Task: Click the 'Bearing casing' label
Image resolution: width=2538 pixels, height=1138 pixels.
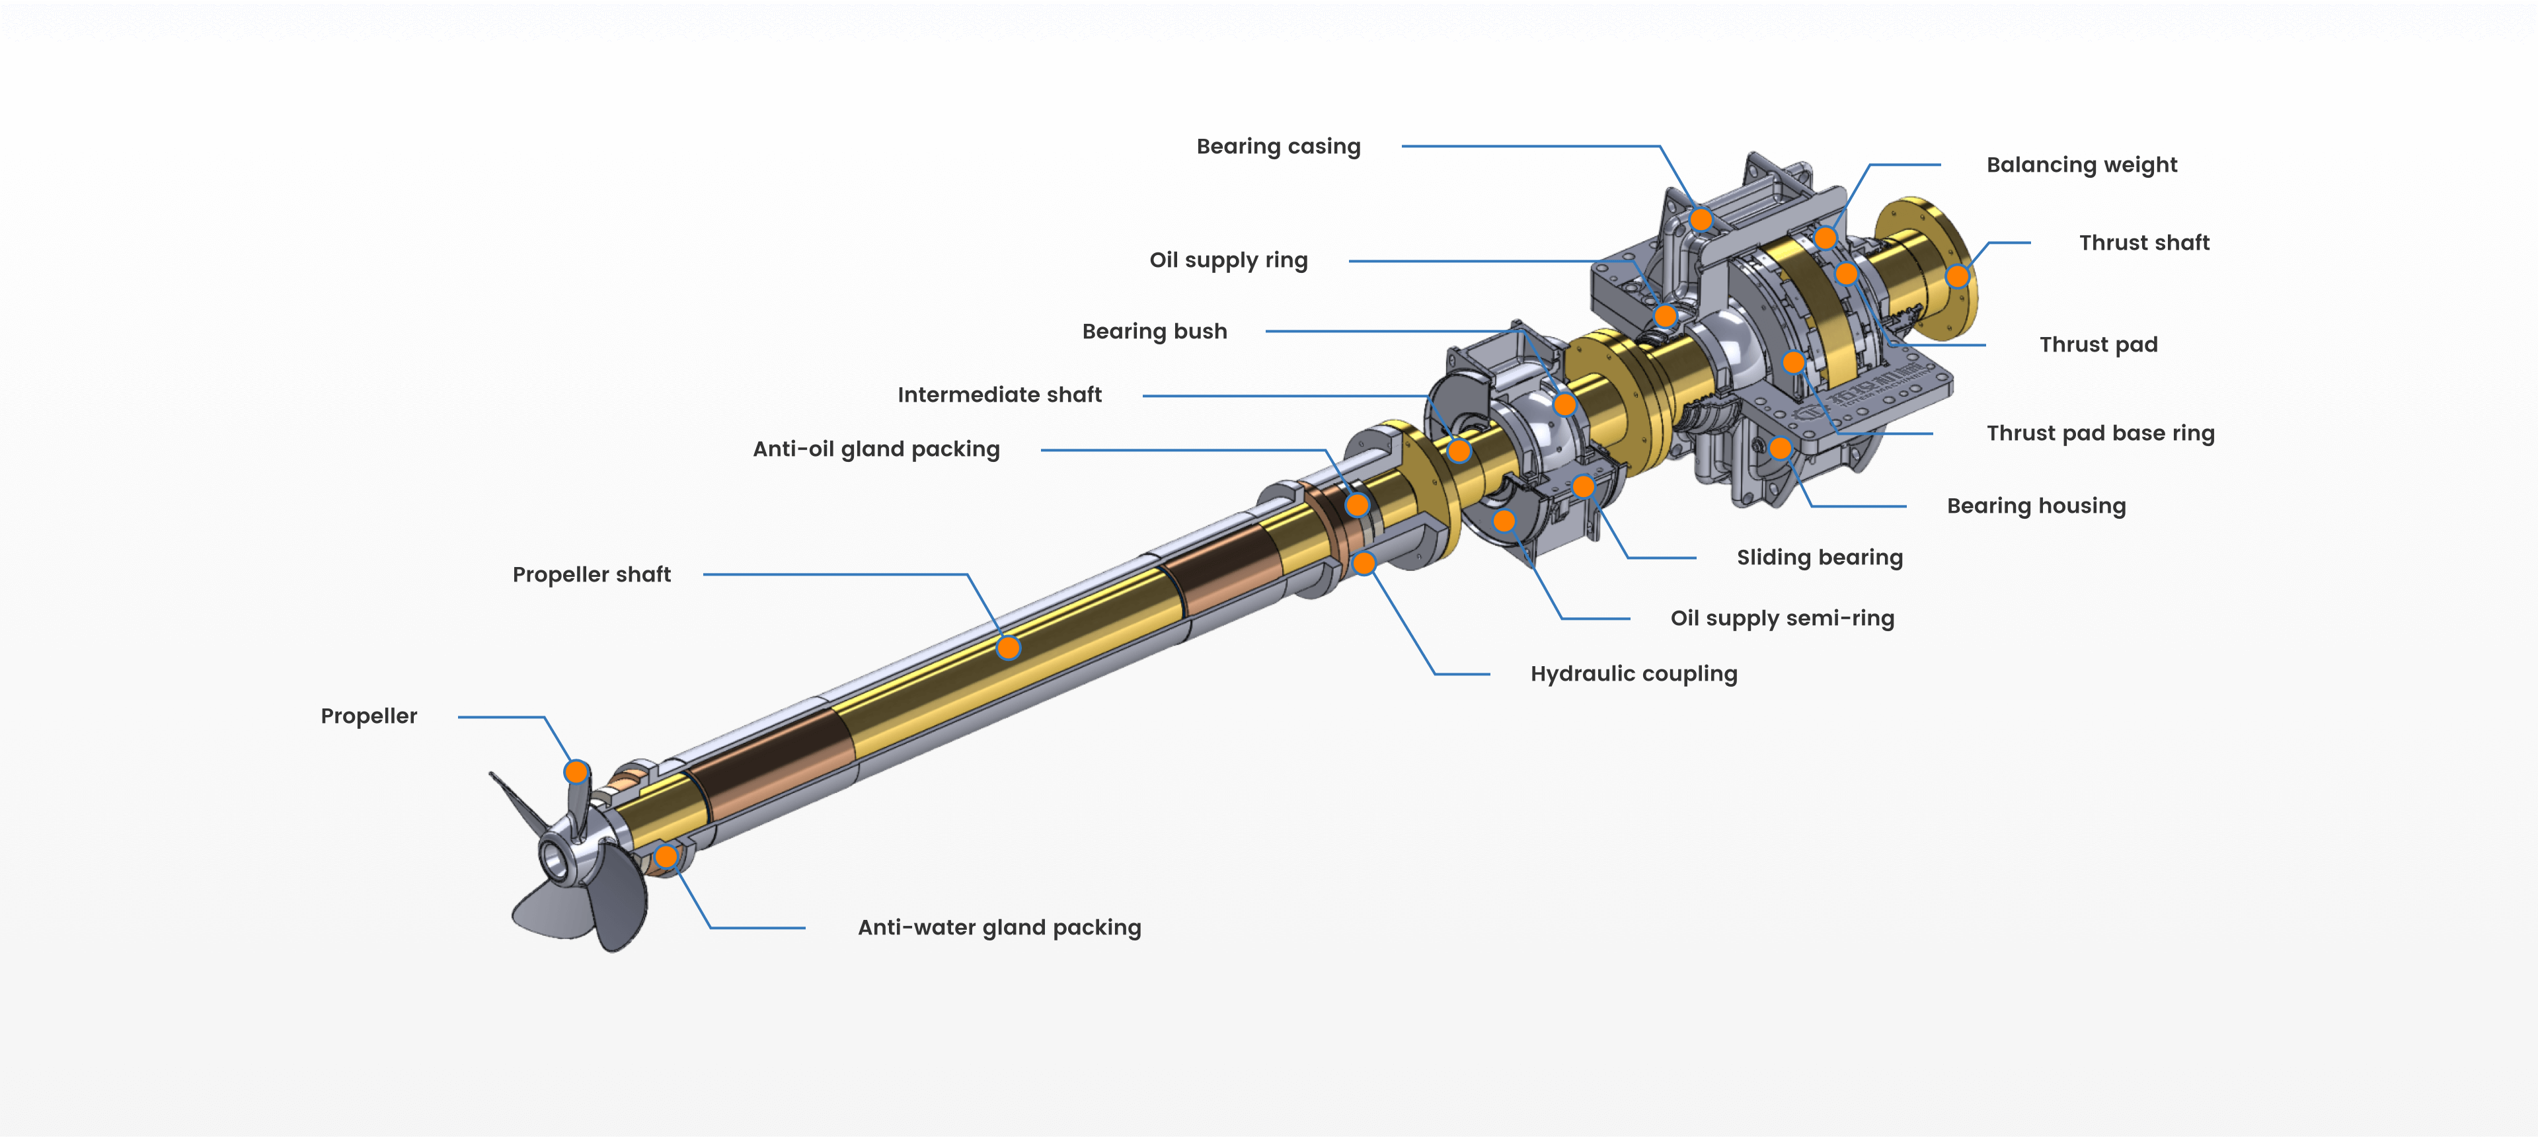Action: pos(1278,147)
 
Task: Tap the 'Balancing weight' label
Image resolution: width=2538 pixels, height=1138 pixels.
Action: pos(2081,165)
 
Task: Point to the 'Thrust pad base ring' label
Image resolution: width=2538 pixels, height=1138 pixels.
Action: pos(2100,434)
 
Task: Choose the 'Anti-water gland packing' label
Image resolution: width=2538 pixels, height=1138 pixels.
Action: pos(999,927)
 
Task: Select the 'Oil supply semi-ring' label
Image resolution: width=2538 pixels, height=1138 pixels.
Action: pos(1781,619)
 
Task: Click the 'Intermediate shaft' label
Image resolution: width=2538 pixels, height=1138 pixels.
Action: pos(999,395)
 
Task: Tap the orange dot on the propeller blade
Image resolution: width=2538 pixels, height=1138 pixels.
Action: pos(576,771)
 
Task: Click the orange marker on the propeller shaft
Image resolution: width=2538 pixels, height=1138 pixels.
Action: pos(1008,648)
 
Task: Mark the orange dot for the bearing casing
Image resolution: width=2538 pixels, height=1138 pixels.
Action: pos(1701,219)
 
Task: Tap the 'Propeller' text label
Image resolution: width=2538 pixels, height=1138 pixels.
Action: pos(369,716)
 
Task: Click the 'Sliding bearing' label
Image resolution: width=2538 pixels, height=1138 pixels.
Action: pos(1819,558)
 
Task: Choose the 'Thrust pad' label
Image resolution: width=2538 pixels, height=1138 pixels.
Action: pos(2098,345)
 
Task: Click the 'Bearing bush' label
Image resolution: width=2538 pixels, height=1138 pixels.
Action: pos(1154,332)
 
